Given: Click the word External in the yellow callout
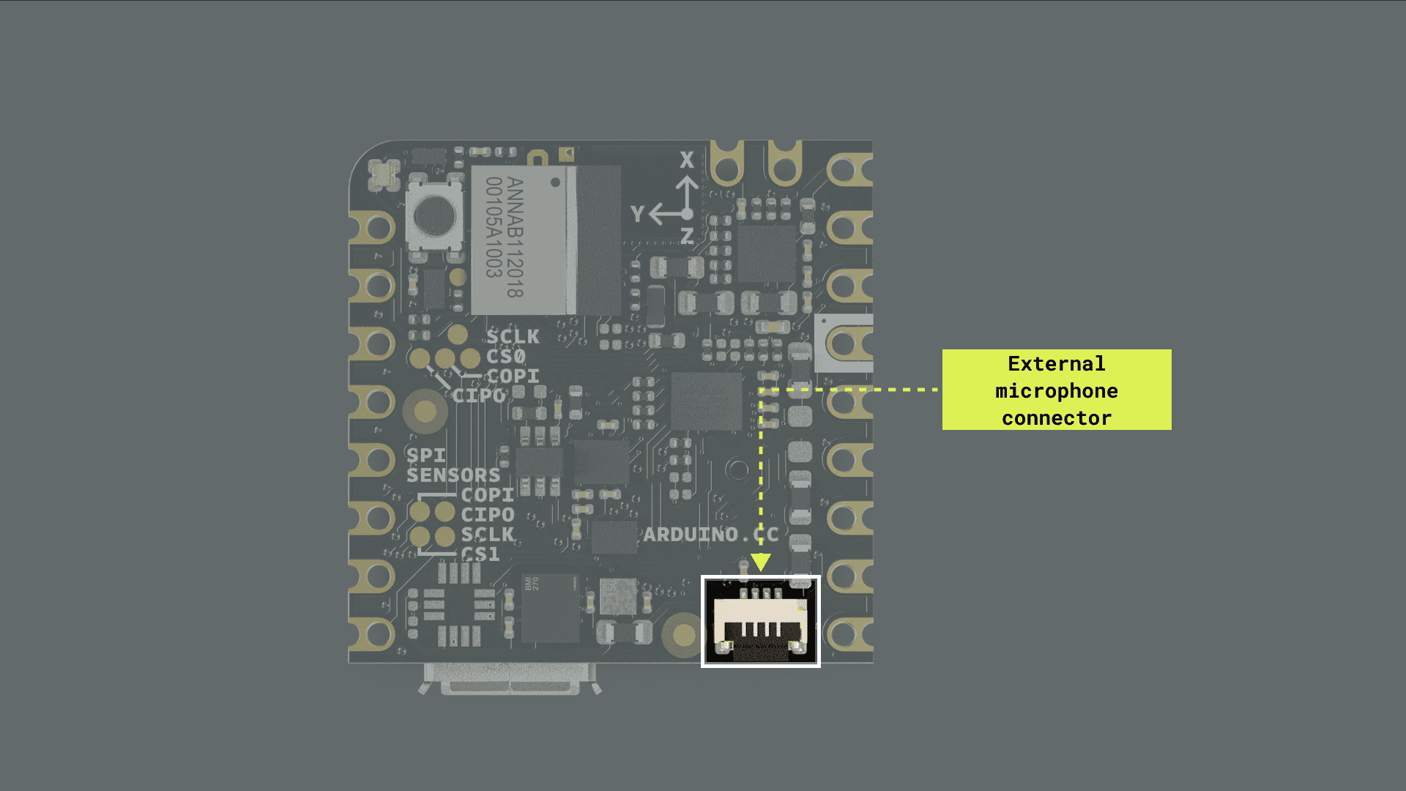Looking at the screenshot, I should coord(1056,364).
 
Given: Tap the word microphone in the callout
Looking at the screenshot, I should coord(1056,391).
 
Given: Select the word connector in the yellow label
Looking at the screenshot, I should coord(1056,418).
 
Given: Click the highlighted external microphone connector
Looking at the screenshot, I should coord(760,622).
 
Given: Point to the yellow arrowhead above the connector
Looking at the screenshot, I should coord(761,562).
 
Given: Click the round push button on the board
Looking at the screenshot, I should coord(434,215).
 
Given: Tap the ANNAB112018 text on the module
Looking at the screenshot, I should coord(515,237).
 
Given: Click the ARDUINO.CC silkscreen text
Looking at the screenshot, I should coord(710,535).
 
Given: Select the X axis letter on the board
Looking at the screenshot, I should coord(686,160).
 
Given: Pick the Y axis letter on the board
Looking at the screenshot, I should coord(637,214).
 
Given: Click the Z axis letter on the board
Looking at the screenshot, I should coord(687,236).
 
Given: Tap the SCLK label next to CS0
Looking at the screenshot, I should coord(513,337).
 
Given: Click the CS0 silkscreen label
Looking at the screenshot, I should coord(506,357).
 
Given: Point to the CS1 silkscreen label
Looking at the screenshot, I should coord(481,554).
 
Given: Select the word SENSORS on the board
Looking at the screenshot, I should coord(453,475).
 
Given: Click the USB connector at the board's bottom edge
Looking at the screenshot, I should coord(509,677).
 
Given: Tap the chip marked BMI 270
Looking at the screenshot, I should coord(550,608).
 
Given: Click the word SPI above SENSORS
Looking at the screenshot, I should coord(425,456).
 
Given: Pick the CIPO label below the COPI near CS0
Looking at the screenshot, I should coord(479,395).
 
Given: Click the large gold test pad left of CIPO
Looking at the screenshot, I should coord(425,410).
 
